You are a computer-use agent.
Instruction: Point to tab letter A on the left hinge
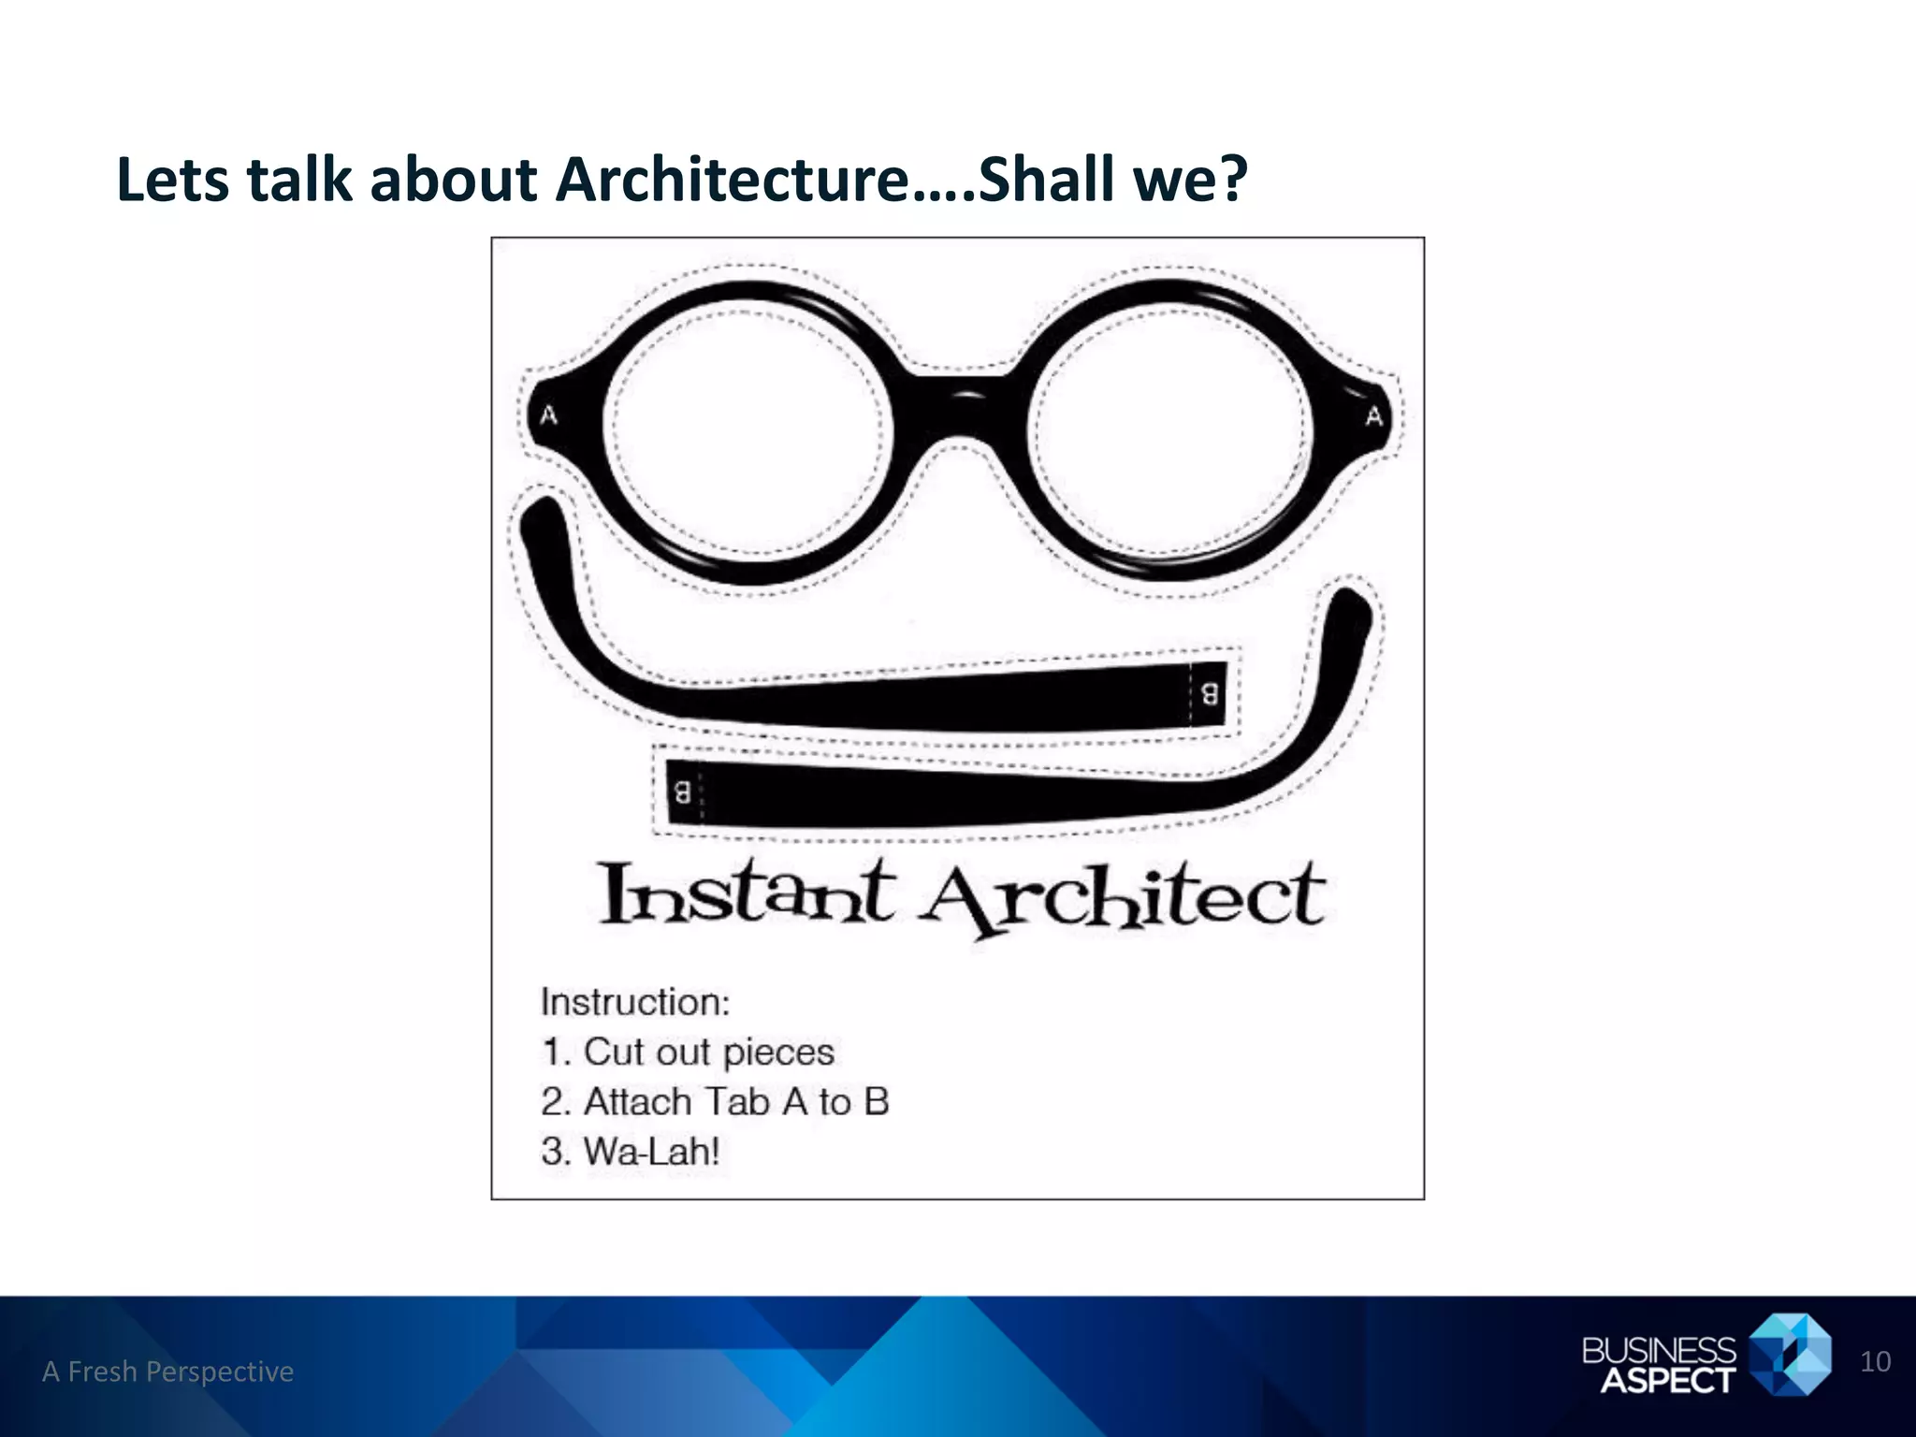click(x=548, y=414)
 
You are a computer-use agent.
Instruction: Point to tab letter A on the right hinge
click(x=1373, y=415)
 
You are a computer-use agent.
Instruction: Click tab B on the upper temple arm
click(x=1209, y=693)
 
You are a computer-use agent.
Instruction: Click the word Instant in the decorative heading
click(x=745, y=895)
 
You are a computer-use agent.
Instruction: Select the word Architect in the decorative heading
click(x=1123, y=898)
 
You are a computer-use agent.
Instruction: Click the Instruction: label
click(x=635, y=1002)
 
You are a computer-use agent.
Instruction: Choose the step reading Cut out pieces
click(x=688, y=1052)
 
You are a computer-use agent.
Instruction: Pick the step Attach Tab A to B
click(x=715, y=1101)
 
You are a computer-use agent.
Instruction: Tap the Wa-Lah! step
click(x=631, y=1151)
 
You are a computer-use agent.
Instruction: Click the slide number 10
click(x=1875, y=1361)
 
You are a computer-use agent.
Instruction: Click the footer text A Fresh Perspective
click(x=168, y=1372)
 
